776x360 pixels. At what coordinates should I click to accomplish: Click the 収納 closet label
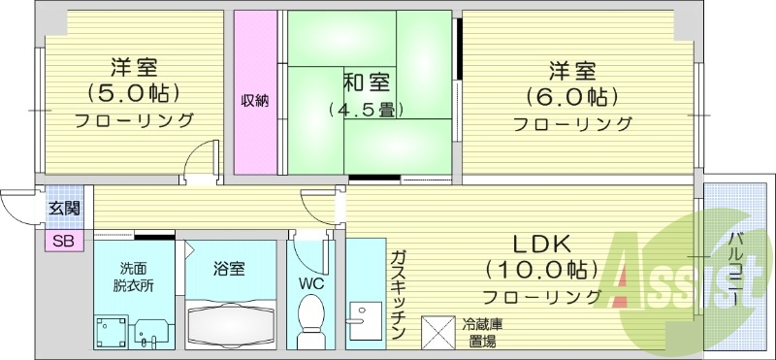pos(255,100)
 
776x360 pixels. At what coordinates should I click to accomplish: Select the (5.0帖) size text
pos(135,94)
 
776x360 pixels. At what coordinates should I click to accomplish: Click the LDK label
pos(542,243)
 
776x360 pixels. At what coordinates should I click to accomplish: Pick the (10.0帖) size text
pos(542,269)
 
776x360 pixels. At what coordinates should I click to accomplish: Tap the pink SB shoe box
pos(61,241)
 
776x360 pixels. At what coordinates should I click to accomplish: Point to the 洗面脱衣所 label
pos(136,278)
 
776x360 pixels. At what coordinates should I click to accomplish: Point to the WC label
pos(310,284)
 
